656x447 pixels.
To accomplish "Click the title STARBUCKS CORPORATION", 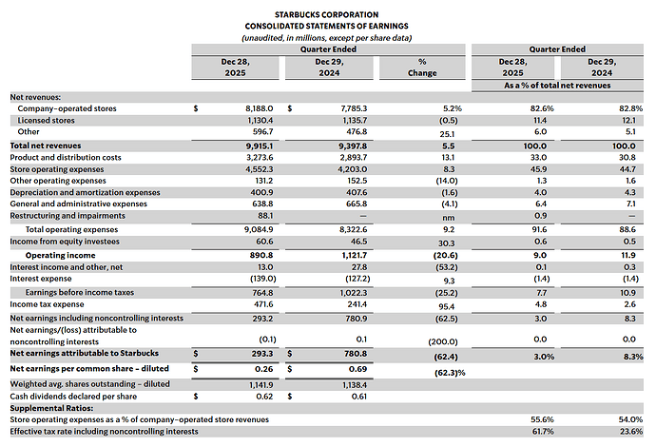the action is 327,14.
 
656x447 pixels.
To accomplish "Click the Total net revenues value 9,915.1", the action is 260,146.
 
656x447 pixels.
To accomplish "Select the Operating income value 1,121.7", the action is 355,255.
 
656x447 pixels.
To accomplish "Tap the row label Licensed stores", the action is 46,121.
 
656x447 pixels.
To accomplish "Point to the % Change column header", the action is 422,68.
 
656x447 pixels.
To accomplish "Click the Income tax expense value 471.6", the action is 262,304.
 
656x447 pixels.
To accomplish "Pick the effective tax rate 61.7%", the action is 543,431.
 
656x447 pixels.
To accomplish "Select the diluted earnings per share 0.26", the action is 264,369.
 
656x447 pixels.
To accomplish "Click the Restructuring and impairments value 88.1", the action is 265,216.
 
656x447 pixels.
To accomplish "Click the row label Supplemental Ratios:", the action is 52,408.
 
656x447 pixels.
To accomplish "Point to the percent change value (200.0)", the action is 443,341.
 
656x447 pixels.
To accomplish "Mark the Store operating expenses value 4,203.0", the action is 355,169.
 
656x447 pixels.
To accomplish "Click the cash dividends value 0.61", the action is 359,397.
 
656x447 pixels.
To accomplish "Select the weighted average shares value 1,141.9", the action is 261,384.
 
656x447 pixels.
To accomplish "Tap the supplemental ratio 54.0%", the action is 630,419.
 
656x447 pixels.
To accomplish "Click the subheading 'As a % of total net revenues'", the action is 557,86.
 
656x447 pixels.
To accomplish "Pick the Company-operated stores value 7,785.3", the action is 354,108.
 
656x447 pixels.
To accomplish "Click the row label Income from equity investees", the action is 65,242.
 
